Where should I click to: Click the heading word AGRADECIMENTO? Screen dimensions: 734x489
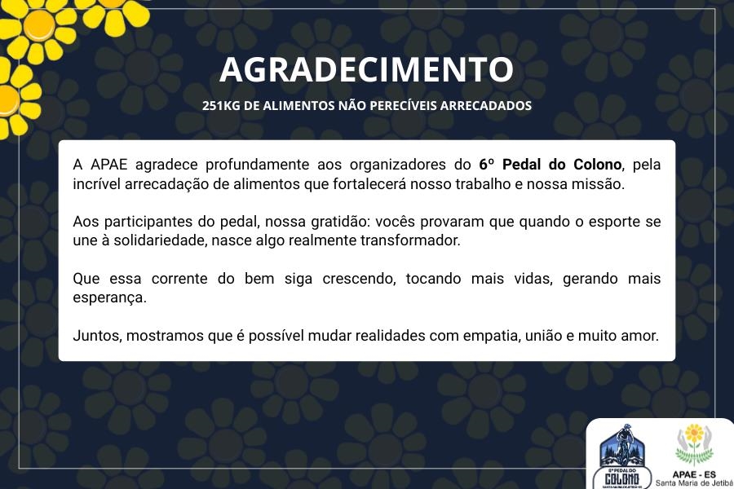[x=366, y=69]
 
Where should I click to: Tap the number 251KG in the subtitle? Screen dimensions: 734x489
[x=221, y=106]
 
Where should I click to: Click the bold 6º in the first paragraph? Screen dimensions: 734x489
[x=486, y=165]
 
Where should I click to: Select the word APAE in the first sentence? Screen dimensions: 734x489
[x=108, y=165]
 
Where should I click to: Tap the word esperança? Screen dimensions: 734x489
[x=109, y=297]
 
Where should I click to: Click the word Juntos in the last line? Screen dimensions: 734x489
[x=97, y=336]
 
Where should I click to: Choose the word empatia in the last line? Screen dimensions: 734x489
[x=492, y=336]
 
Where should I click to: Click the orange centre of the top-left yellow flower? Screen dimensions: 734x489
[x=39, y=26]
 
